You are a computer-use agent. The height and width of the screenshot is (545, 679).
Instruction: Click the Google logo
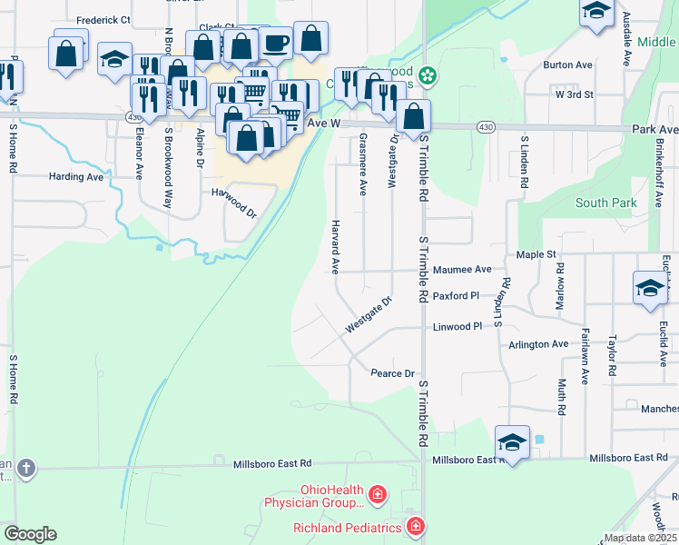30,534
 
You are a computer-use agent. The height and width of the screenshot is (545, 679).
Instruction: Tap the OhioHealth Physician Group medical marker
378,496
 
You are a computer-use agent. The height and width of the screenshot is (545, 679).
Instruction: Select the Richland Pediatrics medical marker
416,527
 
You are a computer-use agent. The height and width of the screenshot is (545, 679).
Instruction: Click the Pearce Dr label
392,373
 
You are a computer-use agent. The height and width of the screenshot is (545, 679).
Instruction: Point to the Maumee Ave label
462,270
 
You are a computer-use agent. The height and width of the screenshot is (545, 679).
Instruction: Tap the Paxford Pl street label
455,296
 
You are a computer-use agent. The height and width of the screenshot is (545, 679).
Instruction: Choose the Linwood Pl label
457,326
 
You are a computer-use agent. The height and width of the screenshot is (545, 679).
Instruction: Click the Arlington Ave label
539,344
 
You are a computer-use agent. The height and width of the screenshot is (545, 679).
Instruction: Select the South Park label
606,203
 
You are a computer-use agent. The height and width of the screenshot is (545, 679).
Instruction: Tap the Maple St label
536,255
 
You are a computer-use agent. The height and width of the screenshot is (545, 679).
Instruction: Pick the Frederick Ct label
103,19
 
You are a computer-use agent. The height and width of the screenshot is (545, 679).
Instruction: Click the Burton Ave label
567,65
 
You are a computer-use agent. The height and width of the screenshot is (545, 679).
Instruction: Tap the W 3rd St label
574,94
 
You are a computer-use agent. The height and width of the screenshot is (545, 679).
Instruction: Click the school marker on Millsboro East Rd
512,441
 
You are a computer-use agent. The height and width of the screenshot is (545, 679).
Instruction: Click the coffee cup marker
275,42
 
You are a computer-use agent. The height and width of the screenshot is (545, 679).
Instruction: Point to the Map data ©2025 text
640,538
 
